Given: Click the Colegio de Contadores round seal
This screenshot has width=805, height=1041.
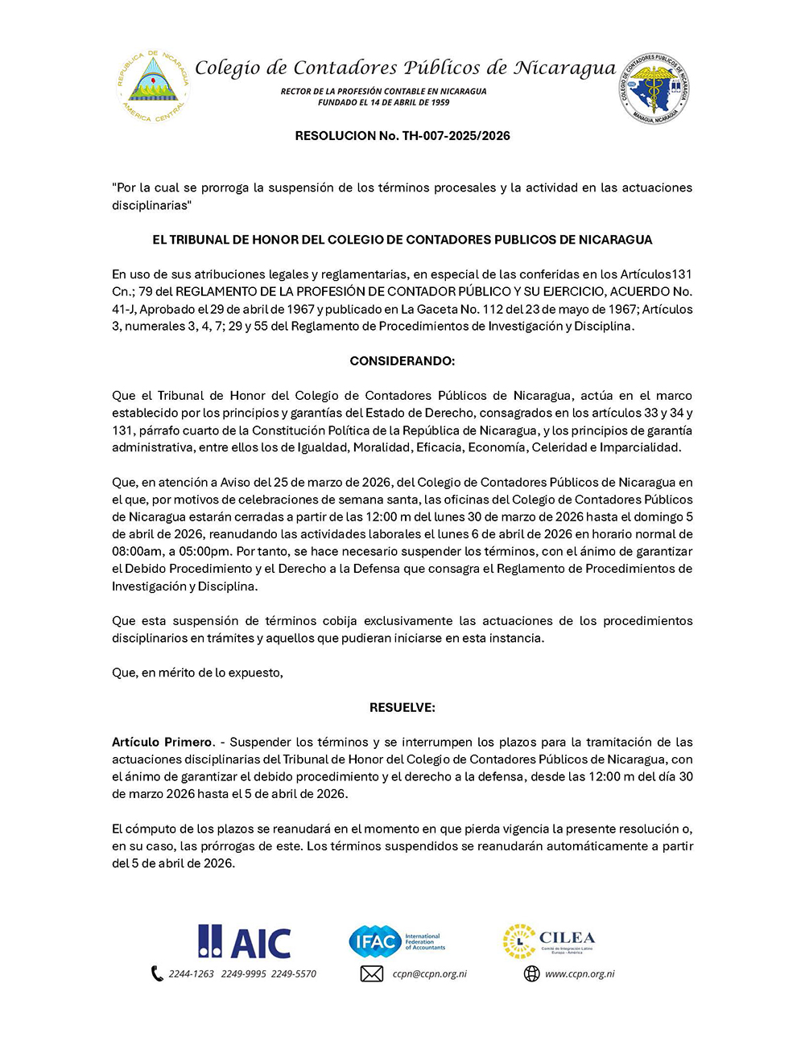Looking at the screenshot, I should coord(654,88).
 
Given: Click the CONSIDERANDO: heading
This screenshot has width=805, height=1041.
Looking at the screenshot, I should coord(402,361).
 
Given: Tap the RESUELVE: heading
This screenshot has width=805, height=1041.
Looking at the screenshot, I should coord(402,708).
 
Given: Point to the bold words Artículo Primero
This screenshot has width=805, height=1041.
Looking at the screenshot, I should coord(162,742).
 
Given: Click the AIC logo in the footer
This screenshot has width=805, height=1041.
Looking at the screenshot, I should coord(245,942).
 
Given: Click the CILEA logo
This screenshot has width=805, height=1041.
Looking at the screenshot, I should coord(549,941).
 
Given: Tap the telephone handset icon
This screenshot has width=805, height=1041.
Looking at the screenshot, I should coord(157,974).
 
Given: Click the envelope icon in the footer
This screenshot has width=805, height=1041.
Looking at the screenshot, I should coord(371,974).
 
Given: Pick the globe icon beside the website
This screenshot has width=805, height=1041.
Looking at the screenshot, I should coord(531,974).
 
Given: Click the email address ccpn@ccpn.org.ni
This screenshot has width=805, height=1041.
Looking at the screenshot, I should coord(429,974).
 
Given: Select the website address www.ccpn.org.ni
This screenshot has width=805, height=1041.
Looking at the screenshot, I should coord(580,974).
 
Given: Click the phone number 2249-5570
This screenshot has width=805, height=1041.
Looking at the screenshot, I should coord(294,974).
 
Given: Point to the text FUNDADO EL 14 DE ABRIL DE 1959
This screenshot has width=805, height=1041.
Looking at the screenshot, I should coord(383,103).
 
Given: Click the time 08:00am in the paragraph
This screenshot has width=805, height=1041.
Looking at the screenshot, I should coord(137,552).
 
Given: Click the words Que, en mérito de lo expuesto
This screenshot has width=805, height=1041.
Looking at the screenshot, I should coord(197,673).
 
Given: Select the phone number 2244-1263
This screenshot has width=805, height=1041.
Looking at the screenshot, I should coord(192,974).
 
